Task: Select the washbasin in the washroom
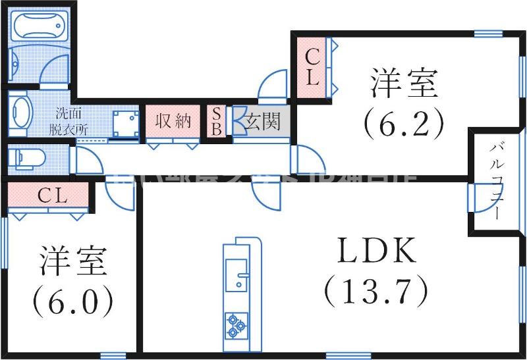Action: [x=20, y=111]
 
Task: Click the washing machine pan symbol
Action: [x=125, y=124]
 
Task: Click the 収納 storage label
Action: [x=173, y=121]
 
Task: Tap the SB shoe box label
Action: [x=215, y=121]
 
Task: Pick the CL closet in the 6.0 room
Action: [x=49, y=195]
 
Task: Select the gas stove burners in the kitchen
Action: [x=235, y=324]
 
